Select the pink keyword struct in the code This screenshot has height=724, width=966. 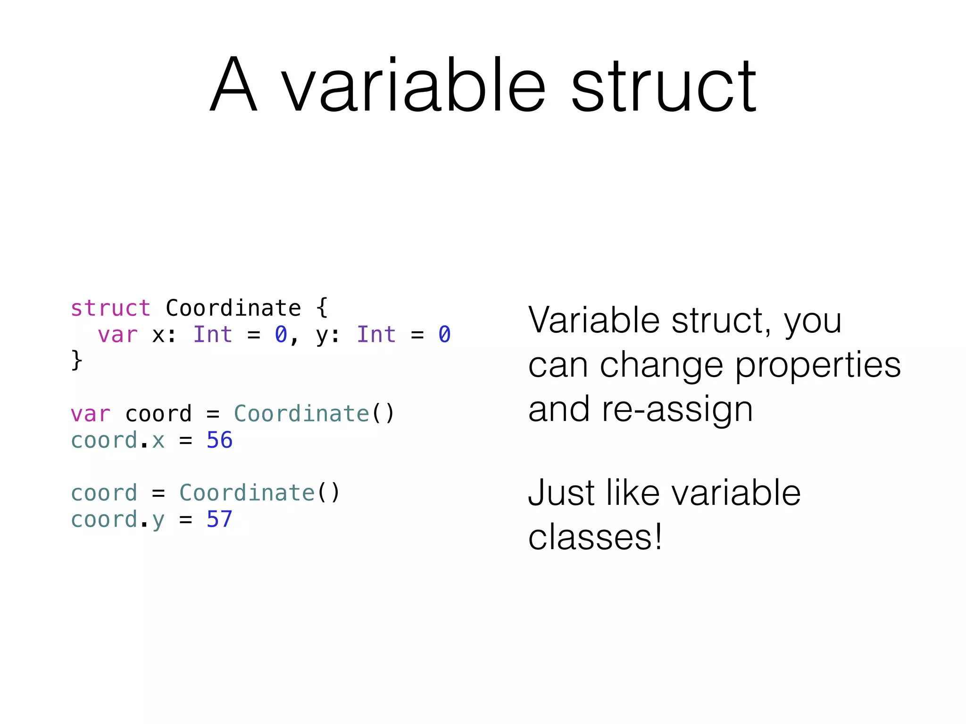coord(110,309)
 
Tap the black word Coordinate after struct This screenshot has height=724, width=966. coord(233,309)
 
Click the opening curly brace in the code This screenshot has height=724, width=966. coord(322,308)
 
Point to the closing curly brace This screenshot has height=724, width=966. coord(76,361)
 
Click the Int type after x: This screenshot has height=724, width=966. coord(213,335)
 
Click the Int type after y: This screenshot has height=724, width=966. coord(376,335)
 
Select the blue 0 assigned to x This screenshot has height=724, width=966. coord(281,335)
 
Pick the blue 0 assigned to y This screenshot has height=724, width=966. coord(444,335)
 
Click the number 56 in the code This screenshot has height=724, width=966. coord(220,440)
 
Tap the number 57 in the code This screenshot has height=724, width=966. coord(220,519)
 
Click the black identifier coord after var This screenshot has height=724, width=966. coord(158,414)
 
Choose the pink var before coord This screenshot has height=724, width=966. coord(90,414)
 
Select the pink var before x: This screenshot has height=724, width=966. coord(117,335)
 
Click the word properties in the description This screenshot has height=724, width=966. coord(818,366)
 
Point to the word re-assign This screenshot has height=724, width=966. coord(677,409)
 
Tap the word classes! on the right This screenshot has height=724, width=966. coord(595,537)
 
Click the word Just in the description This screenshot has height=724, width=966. coord(561,493)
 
